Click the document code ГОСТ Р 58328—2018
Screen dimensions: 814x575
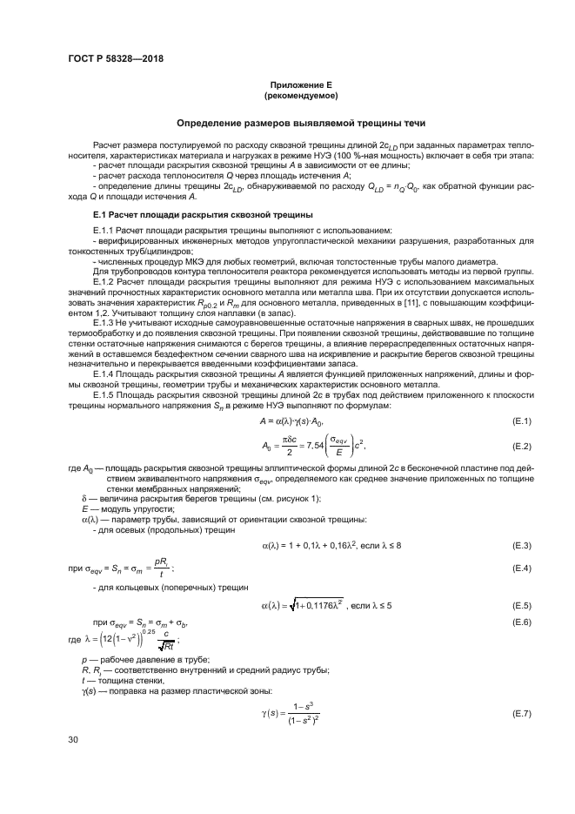tap(116, 59)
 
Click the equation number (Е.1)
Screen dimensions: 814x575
tap(521, 421)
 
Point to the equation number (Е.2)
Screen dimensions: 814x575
tap(521, 447)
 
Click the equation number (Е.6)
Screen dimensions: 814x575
tap(521, 622)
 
